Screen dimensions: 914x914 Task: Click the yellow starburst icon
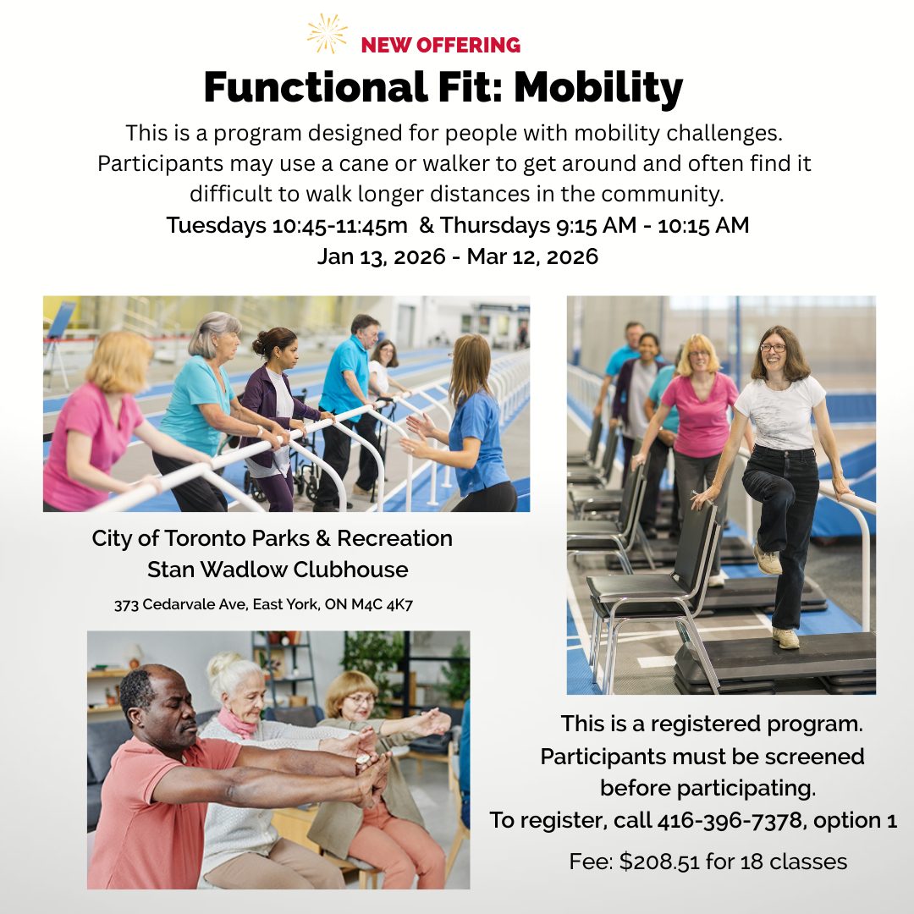(327, 33)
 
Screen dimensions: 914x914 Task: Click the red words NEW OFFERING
(441, 45)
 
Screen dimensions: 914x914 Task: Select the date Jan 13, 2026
(381, 256)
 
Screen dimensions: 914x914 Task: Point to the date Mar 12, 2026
(532, 256)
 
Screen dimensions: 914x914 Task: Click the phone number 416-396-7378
(730, 820)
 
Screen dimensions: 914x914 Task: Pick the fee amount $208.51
(658, 862)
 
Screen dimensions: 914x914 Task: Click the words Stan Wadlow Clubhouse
(278, 570)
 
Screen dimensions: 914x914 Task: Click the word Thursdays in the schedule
(495, 226)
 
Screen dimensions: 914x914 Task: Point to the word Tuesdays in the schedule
(217, 226)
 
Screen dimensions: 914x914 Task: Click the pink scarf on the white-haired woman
(237, 723)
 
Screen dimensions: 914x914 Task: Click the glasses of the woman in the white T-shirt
(773, 348)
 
